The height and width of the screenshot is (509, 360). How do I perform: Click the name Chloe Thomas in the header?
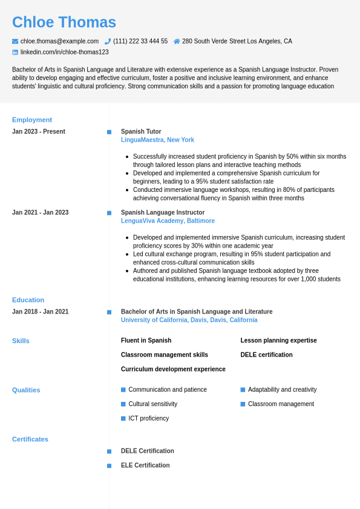click(x=64, y=22)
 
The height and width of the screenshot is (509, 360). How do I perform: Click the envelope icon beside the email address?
click(x=15, y=41)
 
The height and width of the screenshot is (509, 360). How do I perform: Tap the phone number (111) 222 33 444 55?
click(x=140, y=41)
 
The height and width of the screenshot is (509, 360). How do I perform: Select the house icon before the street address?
click(x=177, y=41)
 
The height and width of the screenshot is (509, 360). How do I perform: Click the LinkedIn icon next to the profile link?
click(x=15, y=52)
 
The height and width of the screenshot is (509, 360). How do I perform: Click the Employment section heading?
click(x=32, y=120)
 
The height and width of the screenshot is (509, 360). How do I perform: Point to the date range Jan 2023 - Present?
click(x=39, y=131)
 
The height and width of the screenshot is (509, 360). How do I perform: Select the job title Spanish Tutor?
click(x=141, y=131)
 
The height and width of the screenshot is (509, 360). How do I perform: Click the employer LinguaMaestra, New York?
click(x=157, y=140)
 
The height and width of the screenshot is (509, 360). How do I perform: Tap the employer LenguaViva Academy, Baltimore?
click(x=168, y=221)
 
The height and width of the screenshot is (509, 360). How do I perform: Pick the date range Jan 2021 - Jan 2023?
click(x=41, y=212)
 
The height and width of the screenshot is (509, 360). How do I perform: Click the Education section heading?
click(x=28, y=300)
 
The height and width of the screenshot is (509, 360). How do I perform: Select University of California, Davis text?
click(x=189, y=320)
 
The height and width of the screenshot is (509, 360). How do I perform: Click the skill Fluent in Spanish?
click(x=146, y=340)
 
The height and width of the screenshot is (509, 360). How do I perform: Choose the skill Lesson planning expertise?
click(x=278, y=340)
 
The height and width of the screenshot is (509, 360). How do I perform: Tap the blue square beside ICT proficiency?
click(x=123, y=418)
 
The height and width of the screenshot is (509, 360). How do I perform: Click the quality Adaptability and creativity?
click(x=282, y=389)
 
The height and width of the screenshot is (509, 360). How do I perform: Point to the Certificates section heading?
click(x=30, y=439)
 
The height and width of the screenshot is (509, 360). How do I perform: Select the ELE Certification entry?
click(x=145, y=465)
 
